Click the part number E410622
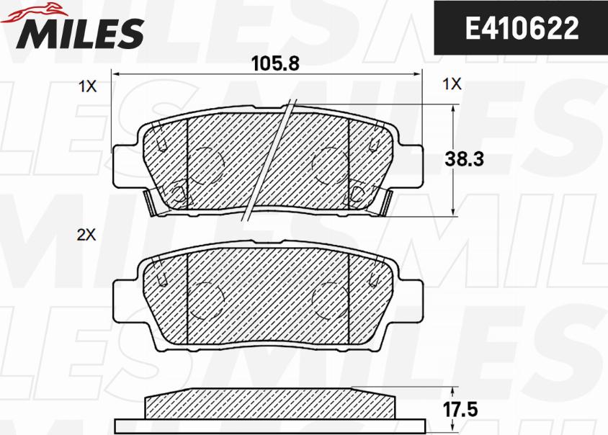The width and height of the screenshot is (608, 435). (522, 28)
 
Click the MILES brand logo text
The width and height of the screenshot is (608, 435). (79, 34)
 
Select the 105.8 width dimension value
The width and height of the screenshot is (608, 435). (275, 63)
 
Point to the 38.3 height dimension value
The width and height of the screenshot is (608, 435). (464, 159)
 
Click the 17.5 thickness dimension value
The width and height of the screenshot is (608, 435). (460, 410)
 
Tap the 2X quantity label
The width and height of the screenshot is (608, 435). (86, 235)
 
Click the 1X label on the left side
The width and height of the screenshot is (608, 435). (87, 86)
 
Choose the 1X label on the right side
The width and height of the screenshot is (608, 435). (452, 84)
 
